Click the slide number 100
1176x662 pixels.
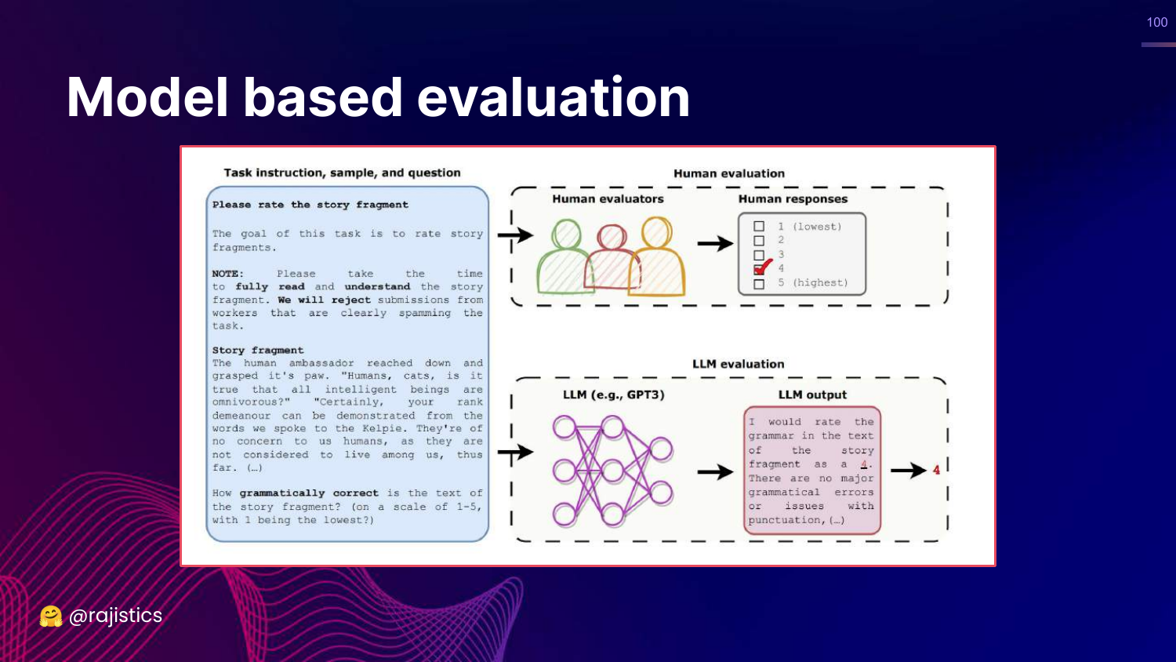[x=1156, y=22]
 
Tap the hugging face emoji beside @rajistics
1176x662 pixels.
[x=51, y=616]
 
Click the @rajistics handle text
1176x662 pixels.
[x=115, y=615]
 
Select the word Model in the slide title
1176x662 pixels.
[x=147, y=97]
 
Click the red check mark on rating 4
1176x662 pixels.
[x=764, y=267]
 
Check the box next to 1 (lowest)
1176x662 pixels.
[x=759, y=227]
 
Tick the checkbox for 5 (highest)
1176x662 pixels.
[x=759, y=284]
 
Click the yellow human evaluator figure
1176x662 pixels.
[x=657, y=256]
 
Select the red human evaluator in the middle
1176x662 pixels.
[x=612, y=257]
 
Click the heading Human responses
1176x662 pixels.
[x=793, y=199]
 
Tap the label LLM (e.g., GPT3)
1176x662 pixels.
[x=614, y=395]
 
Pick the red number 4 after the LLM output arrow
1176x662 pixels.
[x=936, y=470]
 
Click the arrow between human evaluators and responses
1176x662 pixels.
[x=715, y=243]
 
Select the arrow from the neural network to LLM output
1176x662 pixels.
[x=715, y=472]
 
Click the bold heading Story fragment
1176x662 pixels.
[x=258, y=350]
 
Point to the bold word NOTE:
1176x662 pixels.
[x=228, y=273]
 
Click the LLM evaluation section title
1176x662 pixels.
[x=739, y=364]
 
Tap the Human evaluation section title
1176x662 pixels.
[x=729, y=173]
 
